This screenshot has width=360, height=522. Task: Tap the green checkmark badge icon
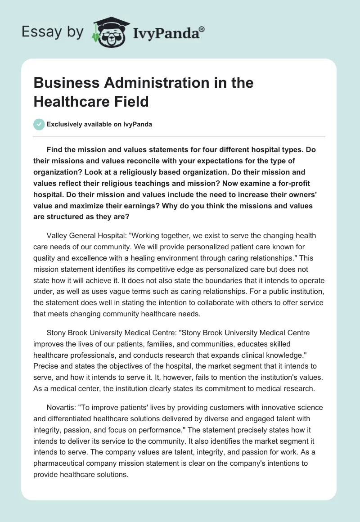point(39,124)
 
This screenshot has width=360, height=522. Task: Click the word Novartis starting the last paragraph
point(61,407)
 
